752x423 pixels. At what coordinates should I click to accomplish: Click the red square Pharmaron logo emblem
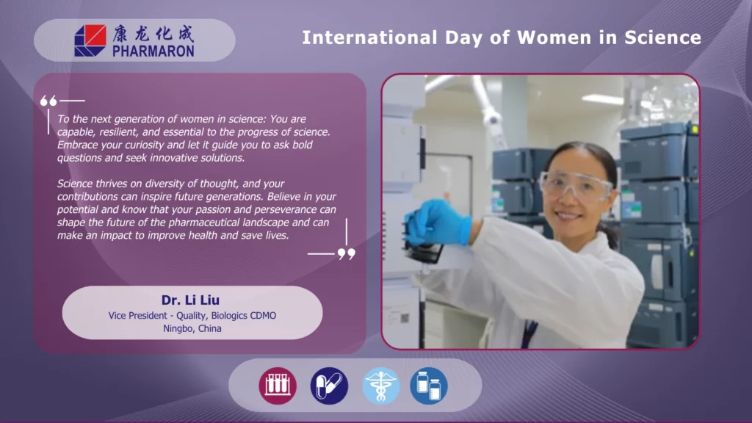click(x=90, y=41)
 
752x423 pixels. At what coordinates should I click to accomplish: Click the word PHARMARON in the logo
click(x=153, y=51)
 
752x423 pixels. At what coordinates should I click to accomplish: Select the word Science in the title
click(x=663, y=37)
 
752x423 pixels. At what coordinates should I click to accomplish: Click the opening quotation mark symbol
click(x=48, y=101)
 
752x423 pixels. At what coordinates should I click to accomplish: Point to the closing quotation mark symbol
click(x=347, y=253)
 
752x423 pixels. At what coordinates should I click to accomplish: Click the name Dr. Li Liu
click(x=190, y=300)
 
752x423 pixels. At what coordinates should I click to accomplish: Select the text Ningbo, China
click(x=192, y=328)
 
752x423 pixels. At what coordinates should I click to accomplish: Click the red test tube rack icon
click(x=278, y=386)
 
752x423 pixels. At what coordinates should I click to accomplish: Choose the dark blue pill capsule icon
click(x=329, y=386)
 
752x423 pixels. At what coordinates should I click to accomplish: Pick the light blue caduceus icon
click(x=381, y=386)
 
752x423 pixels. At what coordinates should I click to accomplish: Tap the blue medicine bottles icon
click(x=429, y=386)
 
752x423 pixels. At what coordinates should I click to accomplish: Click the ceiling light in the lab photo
click(x=603, y=100)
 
